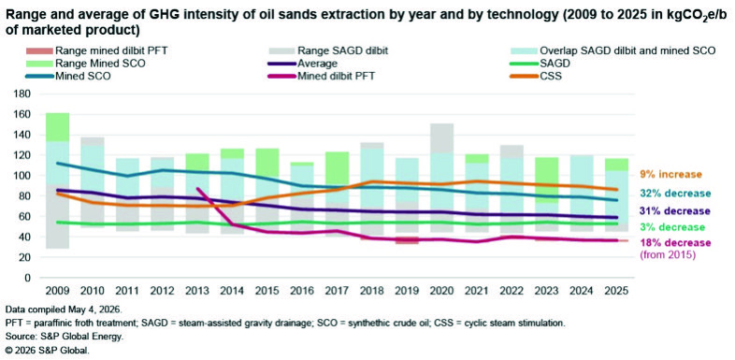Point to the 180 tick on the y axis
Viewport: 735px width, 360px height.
tap(22, 94)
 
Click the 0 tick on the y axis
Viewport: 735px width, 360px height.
tap(28, 278)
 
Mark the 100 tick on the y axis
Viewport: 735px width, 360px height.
tap(22, 176)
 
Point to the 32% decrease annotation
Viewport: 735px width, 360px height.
tap(674, 194)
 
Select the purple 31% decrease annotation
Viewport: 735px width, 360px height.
tap(674, 211)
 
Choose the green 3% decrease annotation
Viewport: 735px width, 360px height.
tap(671, 227)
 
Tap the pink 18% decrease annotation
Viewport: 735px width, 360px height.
tap(674, 243)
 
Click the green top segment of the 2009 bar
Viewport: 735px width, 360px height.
tap(58, 127)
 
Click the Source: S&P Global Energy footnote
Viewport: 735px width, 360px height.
tap(61, 337)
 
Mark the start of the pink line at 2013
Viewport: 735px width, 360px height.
tap(198, 189)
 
